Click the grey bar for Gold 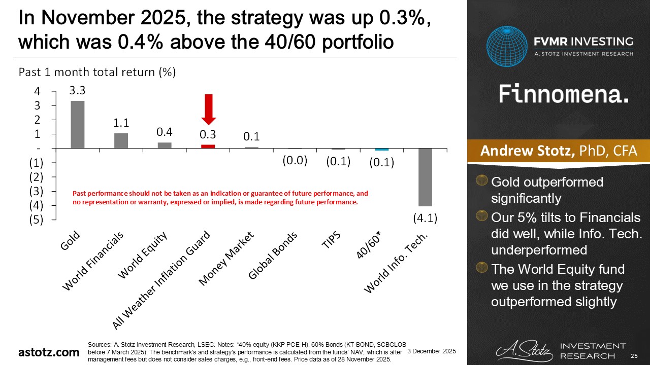click(x=78, y=125)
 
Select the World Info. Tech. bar click(x=425, y=177)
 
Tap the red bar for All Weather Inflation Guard click(x=208, y=147)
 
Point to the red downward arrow click(x=208, y=109)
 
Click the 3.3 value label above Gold click(x=77, y=91)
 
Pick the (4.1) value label click(x=425, y=218)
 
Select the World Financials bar click(x=121, y=140)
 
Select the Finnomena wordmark click(x=564, y=94)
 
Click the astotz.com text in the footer click(x=49, y=352)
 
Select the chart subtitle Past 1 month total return click(x=97, y=72)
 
